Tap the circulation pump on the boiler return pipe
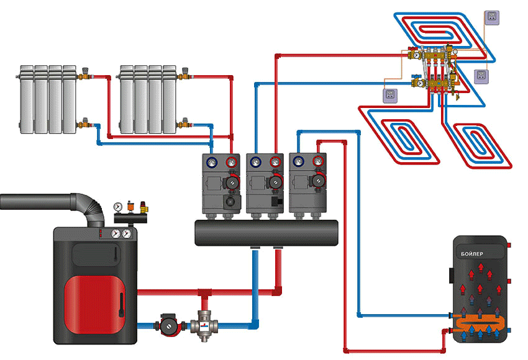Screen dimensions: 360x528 coord(168,325)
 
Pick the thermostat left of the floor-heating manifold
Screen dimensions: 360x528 coord(391,94)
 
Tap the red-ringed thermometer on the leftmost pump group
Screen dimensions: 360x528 coord(231,163)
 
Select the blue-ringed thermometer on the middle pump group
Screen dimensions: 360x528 coord(255,163)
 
